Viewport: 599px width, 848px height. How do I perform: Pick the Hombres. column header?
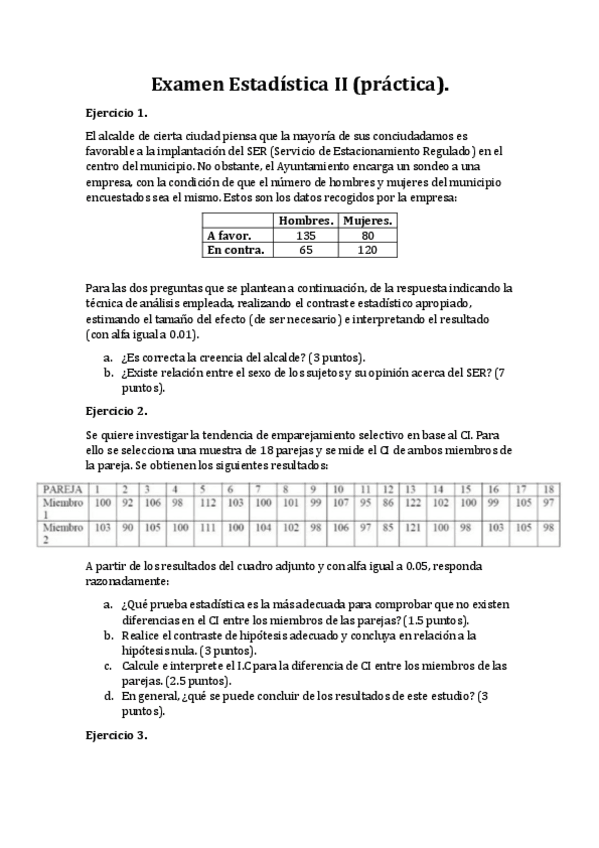[x=306, y=220]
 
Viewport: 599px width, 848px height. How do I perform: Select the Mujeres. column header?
[x=367, y=220]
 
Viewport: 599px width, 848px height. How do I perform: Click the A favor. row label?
[x=229, y=236]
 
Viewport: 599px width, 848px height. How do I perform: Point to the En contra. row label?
[x=235, y=251]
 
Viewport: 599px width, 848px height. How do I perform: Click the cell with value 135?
[x=306, y=236]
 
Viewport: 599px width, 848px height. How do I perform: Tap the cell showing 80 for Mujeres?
[x=367, y=236]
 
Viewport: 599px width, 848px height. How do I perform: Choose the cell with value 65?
[x=306, y=251]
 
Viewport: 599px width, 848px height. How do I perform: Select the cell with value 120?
[x=367, y=251]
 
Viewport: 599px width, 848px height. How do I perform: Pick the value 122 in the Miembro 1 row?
[x=413, y=502]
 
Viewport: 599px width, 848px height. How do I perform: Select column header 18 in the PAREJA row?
[x=546, y=488]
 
